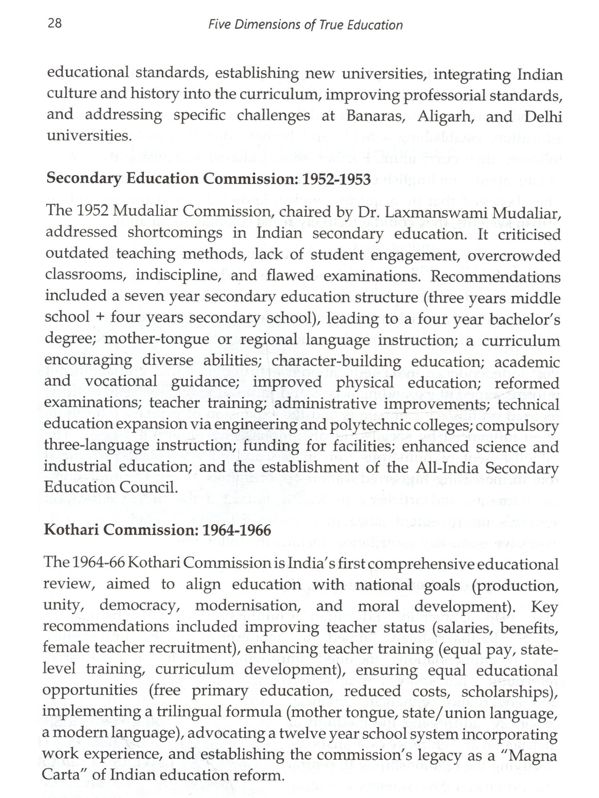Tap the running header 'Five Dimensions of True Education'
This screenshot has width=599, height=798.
click(305, 25)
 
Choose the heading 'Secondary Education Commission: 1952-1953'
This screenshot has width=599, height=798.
click(208, 179)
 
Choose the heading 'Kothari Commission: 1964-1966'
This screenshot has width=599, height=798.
click(157, 530)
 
